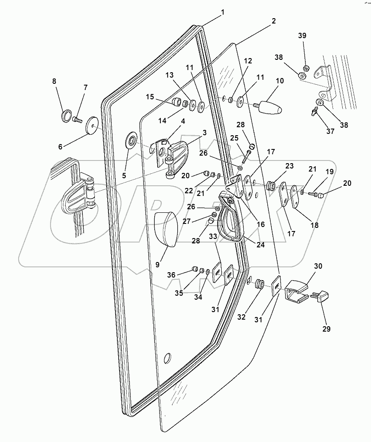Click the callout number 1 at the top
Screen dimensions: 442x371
[x=223, y=12]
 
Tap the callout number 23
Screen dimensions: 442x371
[x=289, y=167]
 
